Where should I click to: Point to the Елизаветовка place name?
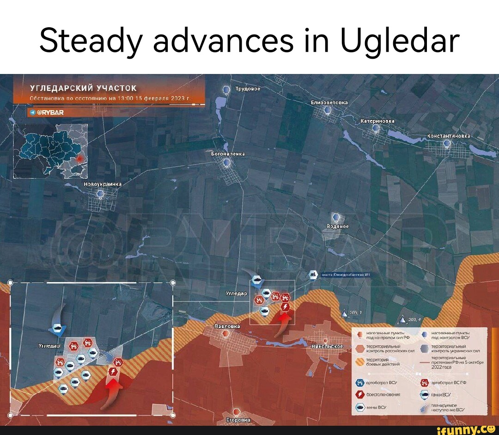tap(329, 102)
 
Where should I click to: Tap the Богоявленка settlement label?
tap(227, 153)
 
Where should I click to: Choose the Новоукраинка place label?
tap(102, 184)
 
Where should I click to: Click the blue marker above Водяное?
tap(336, 217)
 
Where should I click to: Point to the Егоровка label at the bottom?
tap(238, 420)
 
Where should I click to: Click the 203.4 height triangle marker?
tap(402, 319)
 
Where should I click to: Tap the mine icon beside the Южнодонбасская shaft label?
tap(313, 275)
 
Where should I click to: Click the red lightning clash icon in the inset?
tap(111, 372)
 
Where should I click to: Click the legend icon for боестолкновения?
tap(360, 394)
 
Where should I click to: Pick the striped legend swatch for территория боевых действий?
tap(359, 361)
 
